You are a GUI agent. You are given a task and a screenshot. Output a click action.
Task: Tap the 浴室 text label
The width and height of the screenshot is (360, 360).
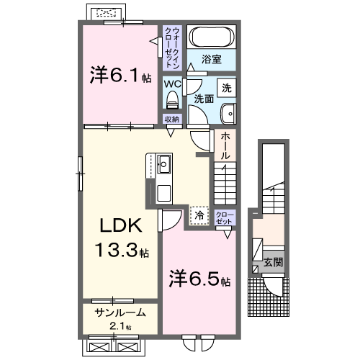pos(211,59)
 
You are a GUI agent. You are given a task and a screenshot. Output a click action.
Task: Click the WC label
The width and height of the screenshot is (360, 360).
pos(171,84)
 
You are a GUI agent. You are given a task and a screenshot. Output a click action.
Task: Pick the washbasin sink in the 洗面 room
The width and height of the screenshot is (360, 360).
pos(229,112)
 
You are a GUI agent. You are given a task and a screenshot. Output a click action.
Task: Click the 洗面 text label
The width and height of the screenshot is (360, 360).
pos(204,99)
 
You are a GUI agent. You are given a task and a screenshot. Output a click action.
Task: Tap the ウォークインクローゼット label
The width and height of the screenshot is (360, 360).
pos(172,44)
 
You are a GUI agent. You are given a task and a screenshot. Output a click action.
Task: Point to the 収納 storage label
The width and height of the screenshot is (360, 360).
pos(171,120)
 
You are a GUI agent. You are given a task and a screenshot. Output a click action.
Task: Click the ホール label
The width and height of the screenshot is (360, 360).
pos(225,145)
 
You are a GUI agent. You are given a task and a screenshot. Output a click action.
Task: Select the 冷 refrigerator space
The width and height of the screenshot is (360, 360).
pos(198,214)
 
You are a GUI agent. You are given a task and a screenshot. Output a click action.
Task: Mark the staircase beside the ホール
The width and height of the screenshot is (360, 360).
pos(225,184)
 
